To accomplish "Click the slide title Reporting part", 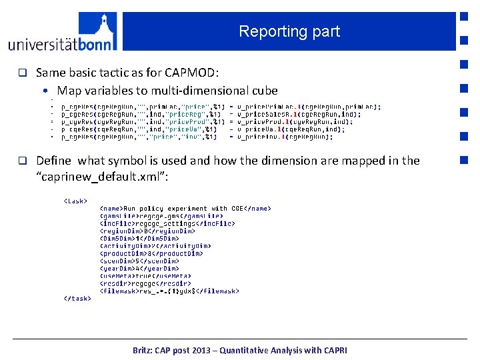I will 289,31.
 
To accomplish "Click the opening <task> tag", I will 75,200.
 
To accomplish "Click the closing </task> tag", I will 77,299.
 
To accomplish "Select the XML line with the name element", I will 185,209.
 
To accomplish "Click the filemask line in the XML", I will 169,291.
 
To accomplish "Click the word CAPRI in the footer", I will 333,350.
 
